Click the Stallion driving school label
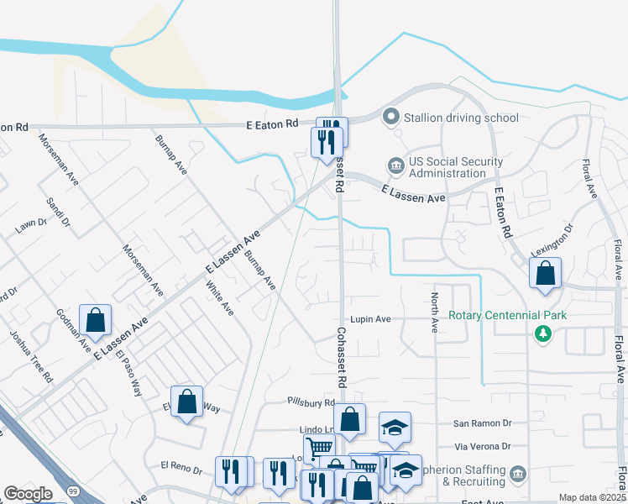tap(461, 118)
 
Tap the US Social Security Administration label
tap(456, 167)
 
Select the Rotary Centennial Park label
tap(507, 316)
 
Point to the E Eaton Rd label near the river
tap(272, 124)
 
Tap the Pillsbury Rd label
tap(311, 403)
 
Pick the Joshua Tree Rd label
tap(30, 358)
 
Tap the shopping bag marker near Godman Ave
tap(95, 319)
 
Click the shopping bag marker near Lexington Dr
tap(546, 272)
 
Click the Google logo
tap(28, 494)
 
